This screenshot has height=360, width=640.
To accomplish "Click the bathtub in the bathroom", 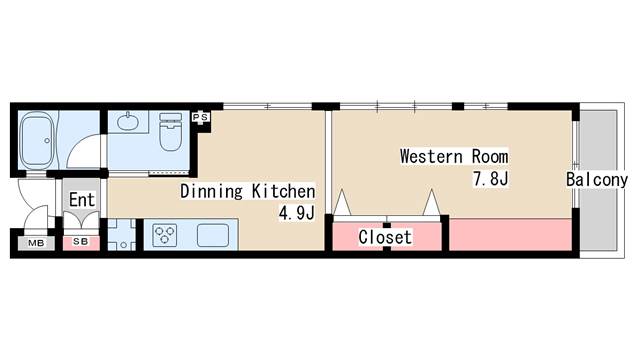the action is coord(37,140).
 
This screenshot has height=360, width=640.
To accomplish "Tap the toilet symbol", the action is coord(170,131).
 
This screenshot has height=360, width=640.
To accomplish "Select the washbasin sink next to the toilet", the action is coord(128,121).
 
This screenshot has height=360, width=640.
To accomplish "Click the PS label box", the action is coord(200,118).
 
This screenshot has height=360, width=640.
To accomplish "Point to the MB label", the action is coord(36,243).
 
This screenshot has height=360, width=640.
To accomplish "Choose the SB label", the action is coord(81,242).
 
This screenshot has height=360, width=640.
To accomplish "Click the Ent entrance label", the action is coord(82,200).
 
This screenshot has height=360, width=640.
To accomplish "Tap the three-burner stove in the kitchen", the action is coord(164,236).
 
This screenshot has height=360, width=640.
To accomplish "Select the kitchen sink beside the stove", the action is coord(213,236).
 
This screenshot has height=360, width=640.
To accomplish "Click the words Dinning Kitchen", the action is coord(248,191).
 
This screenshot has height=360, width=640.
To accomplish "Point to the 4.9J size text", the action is coord(297,212).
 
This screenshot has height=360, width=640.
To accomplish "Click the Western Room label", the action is coord(454,156).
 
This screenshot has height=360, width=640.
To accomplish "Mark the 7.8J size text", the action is coord(491,178).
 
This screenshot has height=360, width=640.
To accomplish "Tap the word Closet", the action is coord(385,237).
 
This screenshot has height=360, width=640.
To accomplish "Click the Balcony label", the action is coord(597,179).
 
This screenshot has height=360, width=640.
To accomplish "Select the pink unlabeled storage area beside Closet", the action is coord(510,235).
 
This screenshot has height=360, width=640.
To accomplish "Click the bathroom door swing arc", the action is coord(80,143).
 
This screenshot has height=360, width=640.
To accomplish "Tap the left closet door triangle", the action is coord(342,202).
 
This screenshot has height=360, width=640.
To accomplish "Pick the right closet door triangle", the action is coord(431,202).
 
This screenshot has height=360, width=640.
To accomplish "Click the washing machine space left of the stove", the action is coord(122,235).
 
